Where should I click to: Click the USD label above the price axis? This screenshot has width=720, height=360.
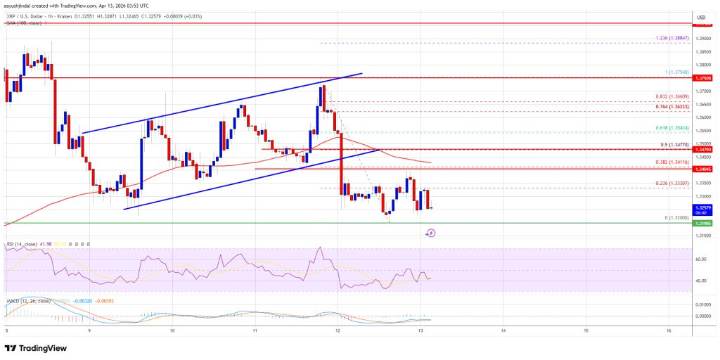700,17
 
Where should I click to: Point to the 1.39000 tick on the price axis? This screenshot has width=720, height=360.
700,38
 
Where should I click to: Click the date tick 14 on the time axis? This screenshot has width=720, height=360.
503,330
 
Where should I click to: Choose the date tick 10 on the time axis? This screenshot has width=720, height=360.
172,330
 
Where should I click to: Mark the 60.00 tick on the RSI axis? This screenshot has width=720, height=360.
700,259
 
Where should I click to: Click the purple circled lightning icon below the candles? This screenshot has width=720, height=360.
430,233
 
